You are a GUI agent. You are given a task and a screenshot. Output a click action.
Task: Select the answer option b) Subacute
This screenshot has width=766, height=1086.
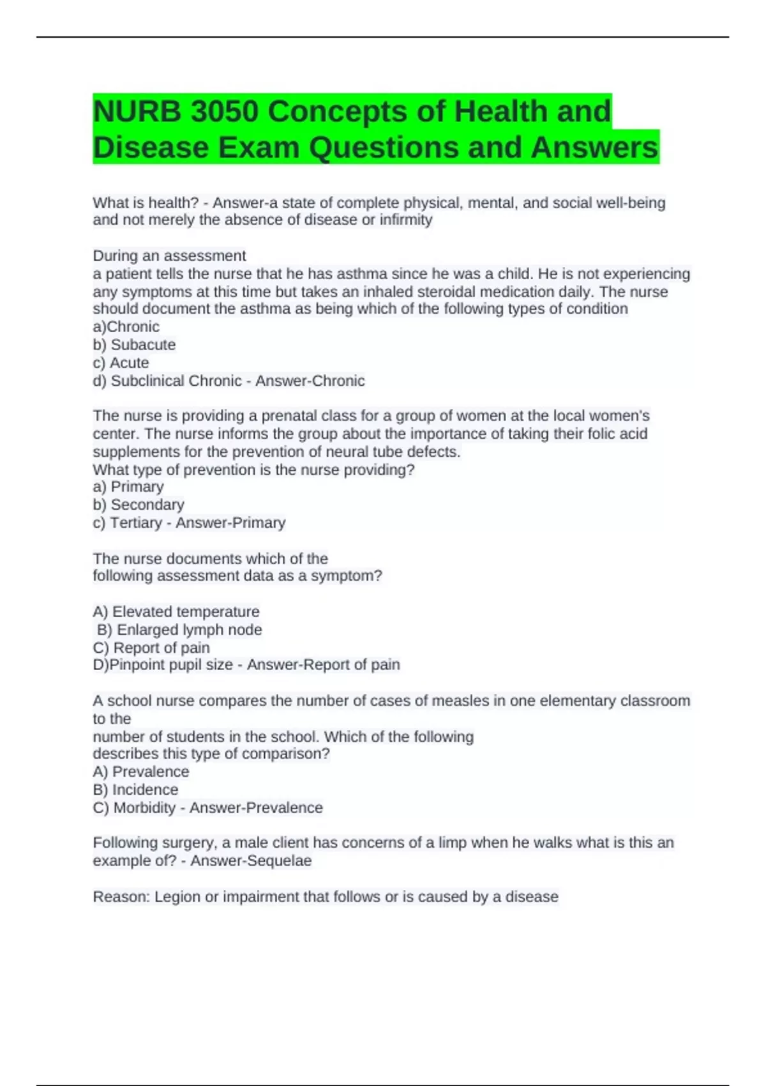(x=134, y=345)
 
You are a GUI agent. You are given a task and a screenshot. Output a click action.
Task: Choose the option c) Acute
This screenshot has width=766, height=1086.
(x=121, y=363)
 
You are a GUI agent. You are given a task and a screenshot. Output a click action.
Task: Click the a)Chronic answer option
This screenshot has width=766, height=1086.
(x=126, y=327)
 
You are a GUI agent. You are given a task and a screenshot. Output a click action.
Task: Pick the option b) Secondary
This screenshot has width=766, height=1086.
(x=139, y=505)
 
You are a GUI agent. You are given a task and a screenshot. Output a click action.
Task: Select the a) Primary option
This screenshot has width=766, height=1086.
(x=128, y=487)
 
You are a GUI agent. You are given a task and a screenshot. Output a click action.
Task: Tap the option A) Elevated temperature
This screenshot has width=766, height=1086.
(x=176, y=612)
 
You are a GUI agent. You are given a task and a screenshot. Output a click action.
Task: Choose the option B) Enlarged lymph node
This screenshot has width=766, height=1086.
(x=179, y=630)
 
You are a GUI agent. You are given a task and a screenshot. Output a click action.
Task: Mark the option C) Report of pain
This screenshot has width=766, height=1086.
(x=151, y=648)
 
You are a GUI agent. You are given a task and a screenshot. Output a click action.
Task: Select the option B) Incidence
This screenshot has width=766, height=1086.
(x=135, y=790)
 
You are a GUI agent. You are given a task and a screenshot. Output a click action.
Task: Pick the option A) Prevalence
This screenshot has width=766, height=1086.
(x=141, y=772)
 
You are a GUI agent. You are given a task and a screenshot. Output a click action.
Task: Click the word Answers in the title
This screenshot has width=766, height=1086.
(x=594, y=148)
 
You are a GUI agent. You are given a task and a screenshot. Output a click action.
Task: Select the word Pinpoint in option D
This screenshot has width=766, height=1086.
(x=138, y=665)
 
